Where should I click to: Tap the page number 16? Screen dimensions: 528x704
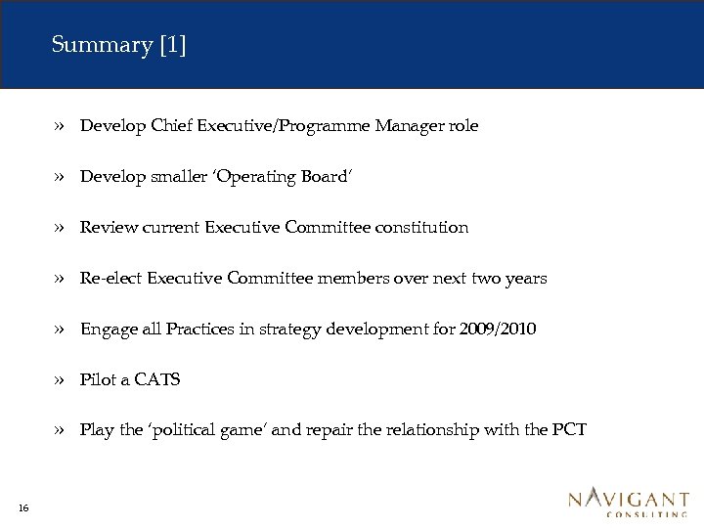pos(22,506)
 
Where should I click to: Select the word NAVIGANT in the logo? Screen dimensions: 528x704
pos(628,499)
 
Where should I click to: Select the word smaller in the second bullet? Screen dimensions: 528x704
pos(178,177)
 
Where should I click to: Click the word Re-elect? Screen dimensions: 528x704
pos(110,279)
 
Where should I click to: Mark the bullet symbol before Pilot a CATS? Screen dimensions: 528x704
pos(61,380)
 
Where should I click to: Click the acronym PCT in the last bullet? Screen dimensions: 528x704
pos(569,430)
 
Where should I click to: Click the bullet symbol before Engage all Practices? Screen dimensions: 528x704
pos(61,330)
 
